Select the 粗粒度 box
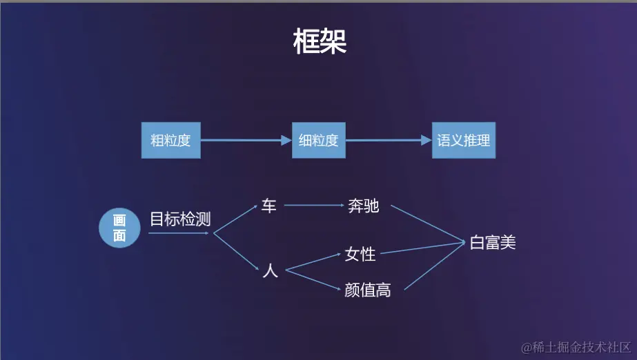pos(170,140)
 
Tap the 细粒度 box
pos(318,140)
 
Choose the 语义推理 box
pos(464,140)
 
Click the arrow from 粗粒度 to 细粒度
pos(246,140)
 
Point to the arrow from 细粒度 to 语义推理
pos(389,140)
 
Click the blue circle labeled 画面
pos(120,228)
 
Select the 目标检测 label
pos(180,219)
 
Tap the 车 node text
pos(268,206)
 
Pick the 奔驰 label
pos(363,206)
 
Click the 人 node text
pos(270,271)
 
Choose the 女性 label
pos(360,254)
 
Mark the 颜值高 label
pos(368,290)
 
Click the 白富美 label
pos(493,242)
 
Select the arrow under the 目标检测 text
pos(178,233)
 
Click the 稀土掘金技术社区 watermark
pos(576,346)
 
